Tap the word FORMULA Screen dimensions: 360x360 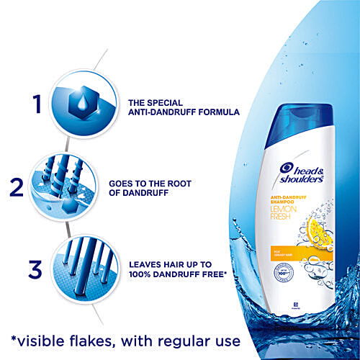coord(219,112)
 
